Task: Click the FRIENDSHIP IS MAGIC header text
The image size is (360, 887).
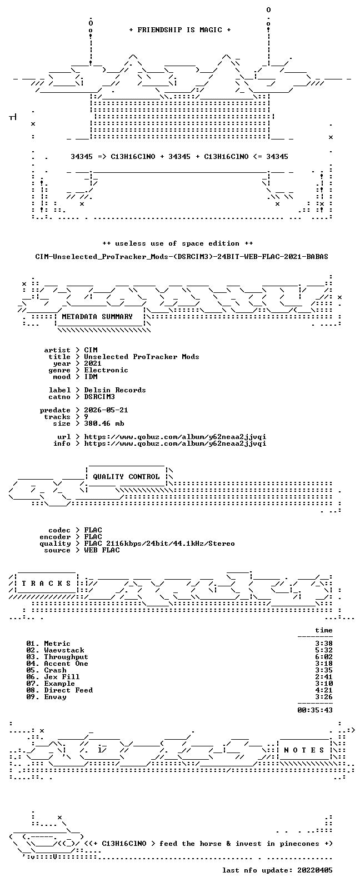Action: [180, 29]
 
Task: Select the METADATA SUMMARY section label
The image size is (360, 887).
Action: [97, 317]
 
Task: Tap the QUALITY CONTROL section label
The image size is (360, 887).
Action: [126, 477]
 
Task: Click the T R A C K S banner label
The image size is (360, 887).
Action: [46, 584]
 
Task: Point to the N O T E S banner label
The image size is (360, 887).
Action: [304, 750]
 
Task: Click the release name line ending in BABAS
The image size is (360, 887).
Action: [182, 257]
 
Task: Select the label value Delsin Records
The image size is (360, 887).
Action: [115, 390]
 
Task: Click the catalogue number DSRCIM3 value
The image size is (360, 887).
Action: [99, 397]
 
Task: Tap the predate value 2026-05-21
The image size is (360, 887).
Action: [106, 410]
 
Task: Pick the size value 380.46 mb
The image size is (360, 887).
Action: [104, 423]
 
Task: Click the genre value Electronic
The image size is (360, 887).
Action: [106, 370]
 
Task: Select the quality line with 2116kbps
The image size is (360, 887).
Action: [159, 544]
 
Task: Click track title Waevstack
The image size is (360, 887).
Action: [64, 650]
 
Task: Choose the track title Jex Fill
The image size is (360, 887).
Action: [62, 677]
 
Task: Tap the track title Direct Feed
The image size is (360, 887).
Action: [68, 690]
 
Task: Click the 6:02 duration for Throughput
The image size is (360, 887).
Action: [324, 657]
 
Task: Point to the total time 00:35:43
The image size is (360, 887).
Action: [315, 710]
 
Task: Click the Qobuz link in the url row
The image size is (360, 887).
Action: [175, 437]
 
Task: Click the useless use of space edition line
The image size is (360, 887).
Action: [177, 243]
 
